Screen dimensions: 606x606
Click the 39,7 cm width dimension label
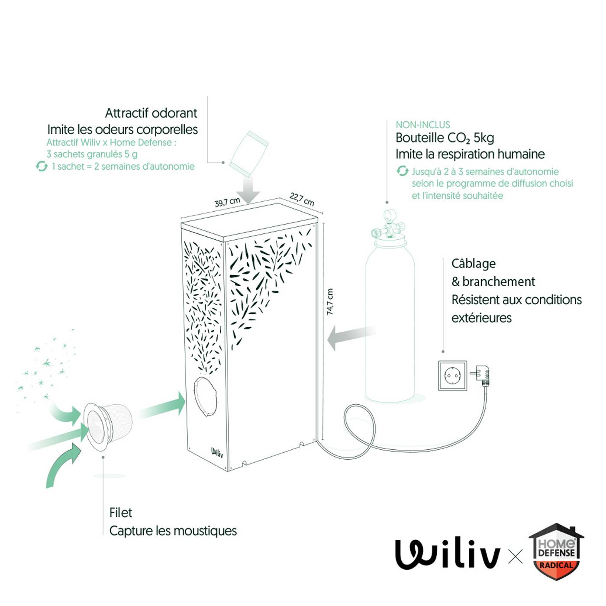point(227,202)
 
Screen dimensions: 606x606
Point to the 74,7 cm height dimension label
point(330,302)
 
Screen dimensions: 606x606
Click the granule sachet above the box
point(249,154)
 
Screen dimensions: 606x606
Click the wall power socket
point(452,375)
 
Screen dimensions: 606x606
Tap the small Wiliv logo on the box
point(217,453)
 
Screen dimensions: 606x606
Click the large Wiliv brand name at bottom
point(448,554)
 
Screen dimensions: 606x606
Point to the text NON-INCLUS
point(422,125)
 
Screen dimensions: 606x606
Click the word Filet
point(120,513)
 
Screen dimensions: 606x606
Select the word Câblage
point(473,264)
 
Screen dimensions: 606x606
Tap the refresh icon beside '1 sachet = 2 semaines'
point(42,166)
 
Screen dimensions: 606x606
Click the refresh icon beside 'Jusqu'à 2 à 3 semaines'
point(403,171)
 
